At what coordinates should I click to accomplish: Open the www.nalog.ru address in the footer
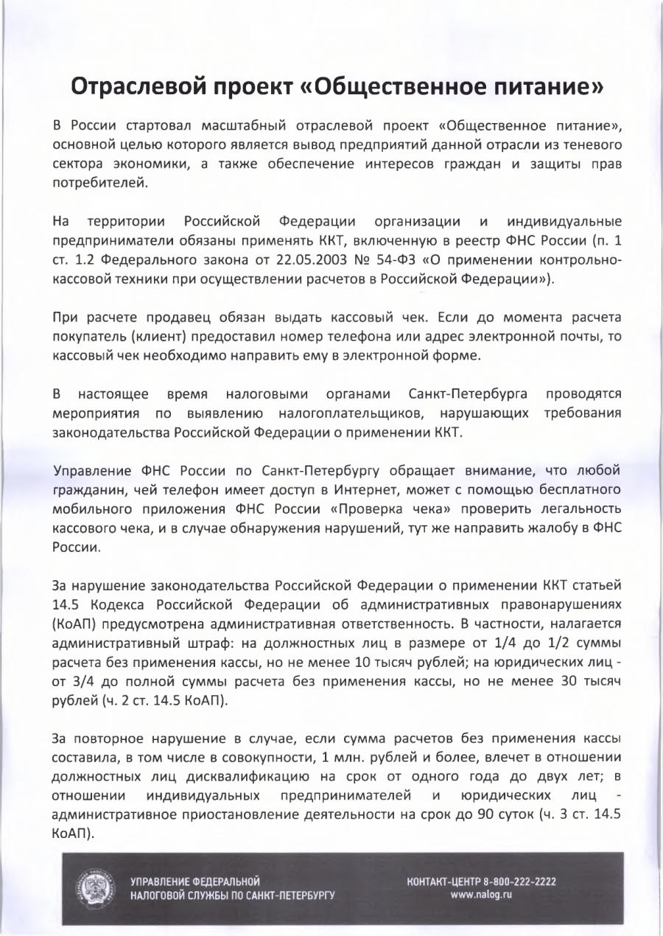click(x=481, y=895)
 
